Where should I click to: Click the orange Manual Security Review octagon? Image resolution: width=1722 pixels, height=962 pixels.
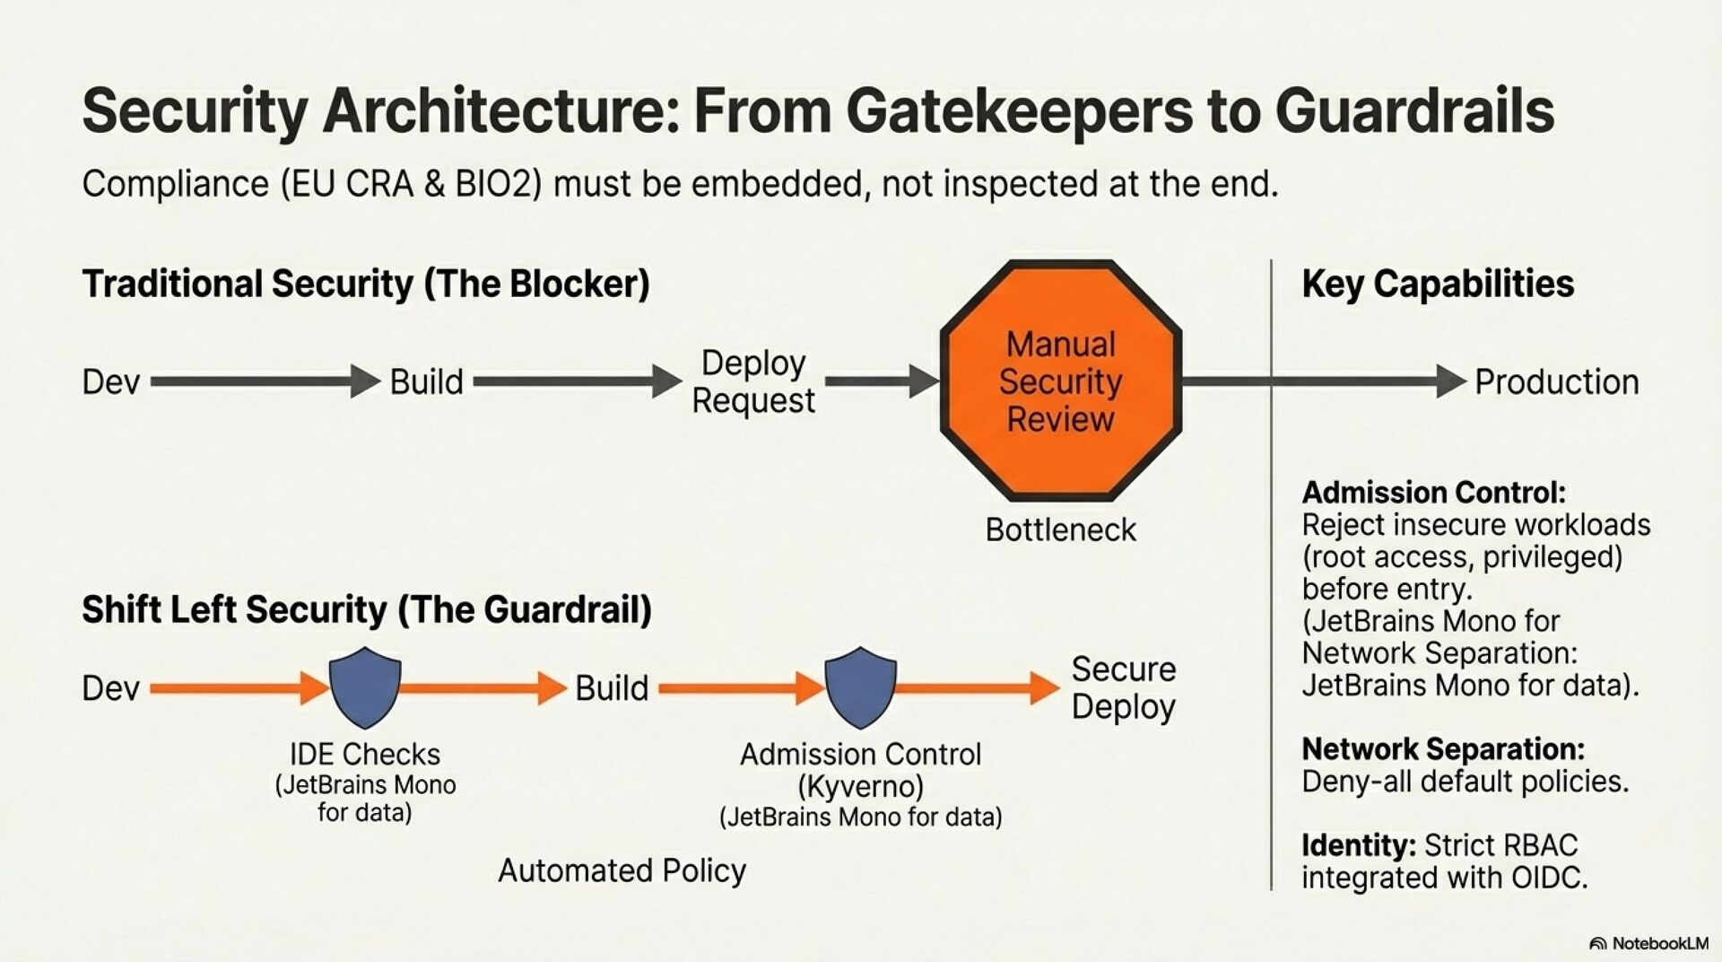tap(1060, 380)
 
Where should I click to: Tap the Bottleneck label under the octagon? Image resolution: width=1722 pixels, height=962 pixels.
tap(1060, 530)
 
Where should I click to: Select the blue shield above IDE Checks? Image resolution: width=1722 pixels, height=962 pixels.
tap(365, 687)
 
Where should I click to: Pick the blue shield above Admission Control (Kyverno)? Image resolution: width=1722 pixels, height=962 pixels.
tap(860, 687)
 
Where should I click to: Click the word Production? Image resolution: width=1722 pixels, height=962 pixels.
tap(1556, 382)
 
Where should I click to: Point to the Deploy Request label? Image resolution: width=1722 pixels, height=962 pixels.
tap(753, 381)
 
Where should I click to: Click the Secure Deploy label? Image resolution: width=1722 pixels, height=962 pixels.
tap(1123, 688)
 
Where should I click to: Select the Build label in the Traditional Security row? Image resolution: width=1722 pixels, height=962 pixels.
tap(426, 382)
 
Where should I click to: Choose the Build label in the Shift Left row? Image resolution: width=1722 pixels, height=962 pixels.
tap(612, 688)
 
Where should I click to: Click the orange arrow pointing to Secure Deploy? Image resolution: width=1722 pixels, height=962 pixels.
tap(978, 688)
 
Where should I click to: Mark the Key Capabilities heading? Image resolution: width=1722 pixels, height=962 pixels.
tap(1438, 284)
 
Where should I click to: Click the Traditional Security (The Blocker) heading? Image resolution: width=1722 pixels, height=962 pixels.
tap(366, 284)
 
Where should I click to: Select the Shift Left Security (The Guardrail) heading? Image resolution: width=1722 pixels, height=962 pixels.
tap(367, 609)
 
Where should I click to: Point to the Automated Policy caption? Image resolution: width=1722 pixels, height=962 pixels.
tap(622, 870)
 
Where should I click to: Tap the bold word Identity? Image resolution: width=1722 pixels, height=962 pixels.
tap(1358, 845)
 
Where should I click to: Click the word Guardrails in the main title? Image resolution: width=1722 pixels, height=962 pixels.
tap(1414, 111)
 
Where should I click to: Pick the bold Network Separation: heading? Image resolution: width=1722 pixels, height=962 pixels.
tap(1443, 748)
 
